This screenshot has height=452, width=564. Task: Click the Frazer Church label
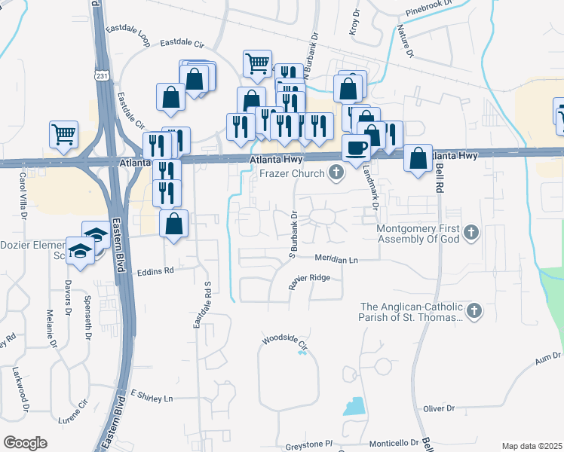pyautogui.click(x=291, y=173)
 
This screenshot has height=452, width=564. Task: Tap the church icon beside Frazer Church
pyautogui.click(x=336, y=174)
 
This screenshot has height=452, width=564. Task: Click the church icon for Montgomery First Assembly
pyautogui.click(x=472, y=232)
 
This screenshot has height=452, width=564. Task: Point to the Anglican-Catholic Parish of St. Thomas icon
pyautogui.click(x=474, y=310)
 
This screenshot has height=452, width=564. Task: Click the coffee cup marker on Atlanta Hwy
pyautogui.click(x=356, y=148)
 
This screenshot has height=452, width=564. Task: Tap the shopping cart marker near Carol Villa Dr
pyautogui.click(x=63, y=135)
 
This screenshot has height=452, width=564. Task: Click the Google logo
pyautogui.click(x=26, y=442)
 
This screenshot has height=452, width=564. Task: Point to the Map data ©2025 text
pyautogui.click(x=532, y=446)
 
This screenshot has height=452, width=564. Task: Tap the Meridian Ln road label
pyautogui.click(x=336, y=259)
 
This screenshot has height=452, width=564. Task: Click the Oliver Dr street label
pyautogui.click(x=440, y=408)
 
